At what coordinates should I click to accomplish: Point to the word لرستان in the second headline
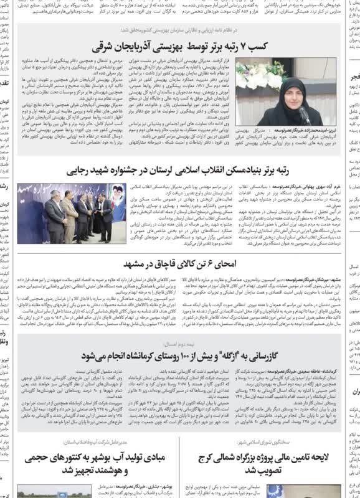pyautogui.click(x=185, y=169)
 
